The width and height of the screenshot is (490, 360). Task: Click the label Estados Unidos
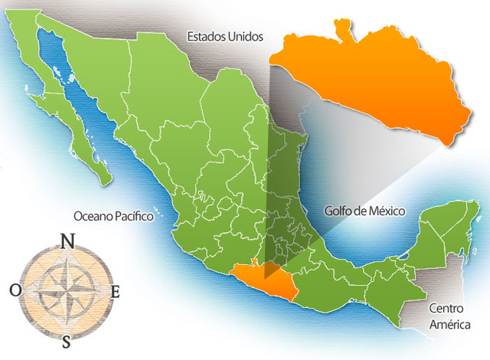[x=225, y=36]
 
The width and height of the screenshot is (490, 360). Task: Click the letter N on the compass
[x=67, y=241]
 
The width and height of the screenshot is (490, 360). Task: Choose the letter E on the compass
[x=116, y=291]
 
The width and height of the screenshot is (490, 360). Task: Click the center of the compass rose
[x=67, y=290]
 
